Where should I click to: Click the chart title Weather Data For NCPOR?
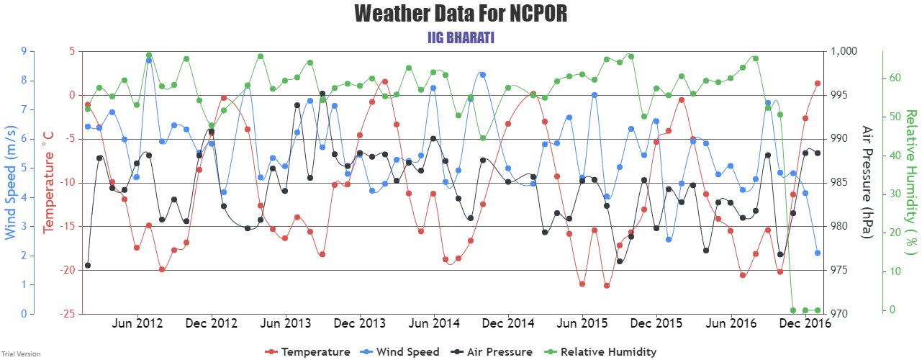coord(461,14)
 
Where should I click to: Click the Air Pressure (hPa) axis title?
coord(867,182)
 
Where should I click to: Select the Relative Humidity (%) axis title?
coord(910,182)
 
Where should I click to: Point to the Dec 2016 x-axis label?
coord(805,324)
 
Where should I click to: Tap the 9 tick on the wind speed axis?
coord(24,52)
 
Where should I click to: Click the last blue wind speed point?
coord(818,253)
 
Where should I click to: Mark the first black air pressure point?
coord(88,266)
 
